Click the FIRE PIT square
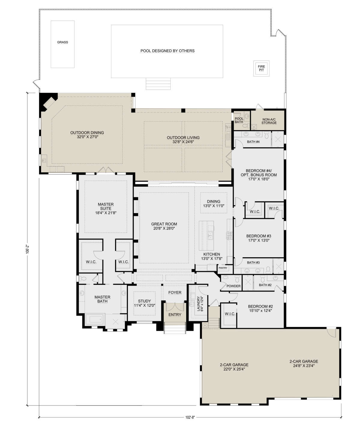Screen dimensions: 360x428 [x=261, y=68]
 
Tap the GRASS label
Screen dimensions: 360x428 [x=62, y=42]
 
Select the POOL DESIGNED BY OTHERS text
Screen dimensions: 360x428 [x=167, y=51]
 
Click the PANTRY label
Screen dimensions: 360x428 [x=223, y=268]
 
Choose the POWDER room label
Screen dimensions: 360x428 [x=233, y=286]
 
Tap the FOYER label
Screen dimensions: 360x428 [x=175, y=293]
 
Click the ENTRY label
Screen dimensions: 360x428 [x=175, y=315]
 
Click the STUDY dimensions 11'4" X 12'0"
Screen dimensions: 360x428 [x=145, y=306]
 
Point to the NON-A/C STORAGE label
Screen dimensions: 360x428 [x=269, y=121]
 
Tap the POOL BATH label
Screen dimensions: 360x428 [x=239, y=120]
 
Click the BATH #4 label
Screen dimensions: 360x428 [x=253, y=142]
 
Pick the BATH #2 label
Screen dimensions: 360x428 [x=265, y=285]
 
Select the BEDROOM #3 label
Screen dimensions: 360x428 [x=259, y=236]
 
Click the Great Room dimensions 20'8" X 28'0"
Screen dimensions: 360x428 [x=164, y=228]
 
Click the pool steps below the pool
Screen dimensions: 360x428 [x=158, y=84]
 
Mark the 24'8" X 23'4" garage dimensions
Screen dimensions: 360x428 [x=304, y=366]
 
